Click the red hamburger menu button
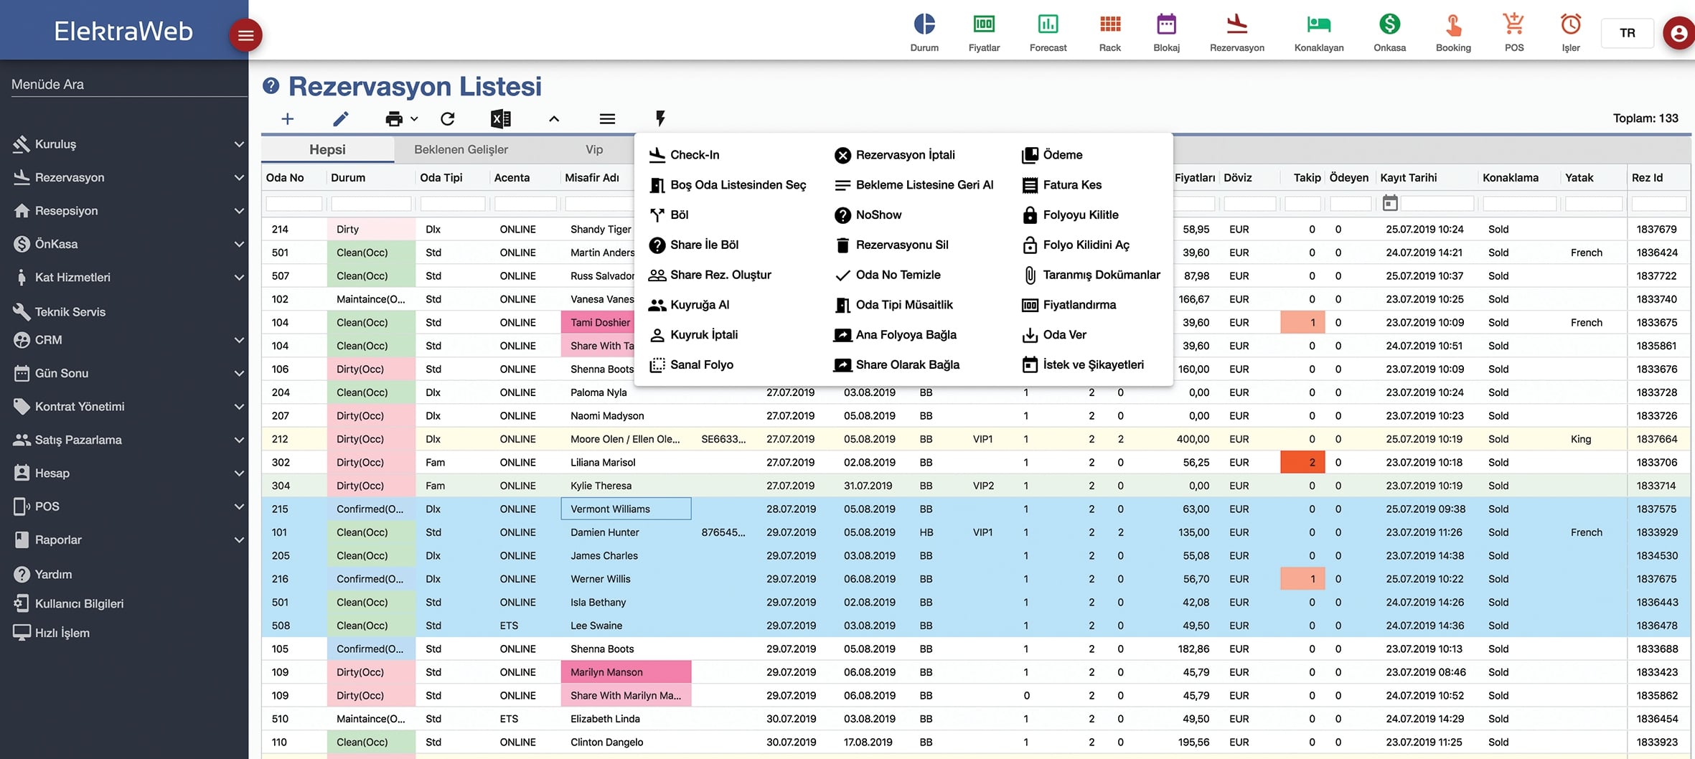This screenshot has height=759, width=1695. [x=245, y=35]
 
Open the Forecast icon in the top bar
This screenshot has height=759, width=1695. [x=1048, y=24]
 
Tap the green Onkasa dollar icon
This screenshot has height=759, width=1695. [x=1389, y=24]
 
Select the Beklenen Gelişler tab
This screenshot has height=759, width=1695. [x=461, y=149]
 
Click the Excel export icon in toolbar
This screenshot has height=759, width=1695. [x=500, y=118]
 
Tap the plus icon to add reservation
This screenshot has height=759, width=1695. [x=287, y=118]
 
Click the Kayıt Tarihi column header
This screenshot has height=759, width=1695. [x=1408, y=178]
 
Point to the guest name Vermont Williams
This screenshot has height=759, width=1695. [x=610, y=509]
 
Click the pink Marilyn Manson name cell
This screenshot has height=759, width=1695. [x=626, y=672]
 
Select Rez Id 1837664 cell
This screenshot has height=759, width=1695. [x=1656, y=439]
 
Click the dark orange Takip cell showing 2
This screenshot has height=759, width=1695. [x=1302, y=463]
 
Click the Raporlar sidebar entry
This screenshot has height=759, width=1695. [x=58, y=540]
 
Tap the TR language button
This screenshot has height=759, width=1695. [x=1628, y=33]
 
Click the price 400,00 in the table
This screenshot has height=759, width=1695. [x=1193, y=439]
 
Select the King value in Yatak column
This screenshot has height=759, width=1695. [x=1581, y=439]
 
